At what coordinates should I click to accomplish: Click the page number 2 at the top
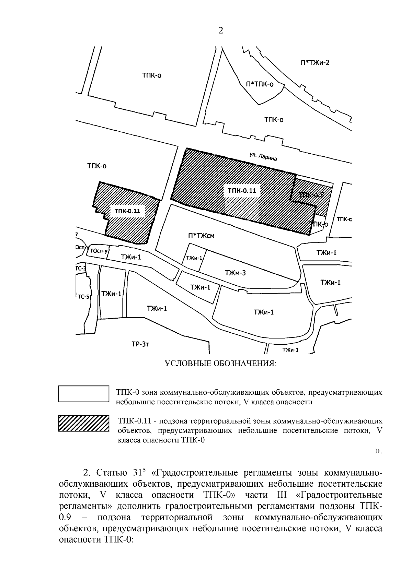[220, 31]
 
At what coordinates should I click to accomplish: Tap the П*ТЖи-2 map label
[315, 63]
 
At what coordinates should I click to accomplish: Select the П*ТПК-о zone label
[260, 84]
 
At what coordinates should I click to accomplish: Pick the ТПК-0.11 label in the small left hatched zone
[127, 211]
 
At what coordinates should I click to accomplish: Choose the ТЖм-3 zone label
[235, 273]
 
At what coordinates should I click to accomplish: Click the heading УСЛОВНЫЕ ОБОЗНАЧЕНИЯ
[220, 363]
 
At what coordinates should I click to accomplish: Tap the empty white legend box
[84, 393]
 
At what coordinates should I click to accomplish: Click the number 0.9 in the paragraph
[65, 518]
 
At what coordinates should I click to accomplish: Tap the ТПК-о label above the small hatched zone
[97, 166]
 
